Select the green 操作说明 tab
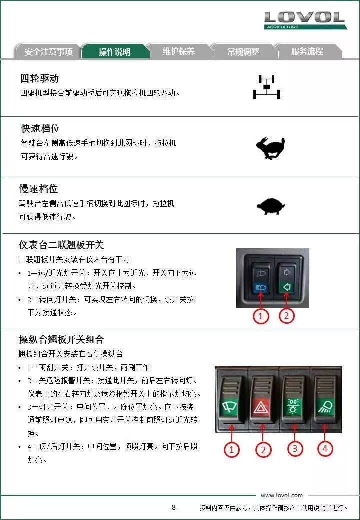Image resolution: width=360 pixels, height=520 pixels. click(114, 51)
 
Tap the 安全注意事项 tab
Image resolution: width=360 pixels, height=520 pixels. click(48, 51)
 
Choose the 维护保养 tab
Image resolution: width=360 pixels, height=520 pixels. click(179, 51)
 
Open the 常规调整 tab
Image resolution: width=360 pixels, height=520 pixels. click(243, 51)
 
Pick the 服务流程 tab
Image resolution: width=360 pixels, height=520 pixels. click(307, 51)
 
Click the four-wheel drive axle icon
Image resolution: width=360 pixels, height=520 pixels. click(267, 87)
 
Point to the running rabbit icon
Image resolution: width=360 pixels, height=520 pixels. click(270, 148)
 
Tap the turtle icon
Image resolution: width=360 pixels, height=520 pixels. click(271, 206)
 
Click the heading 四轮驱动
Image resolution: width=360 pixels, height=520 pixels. click(40, 79)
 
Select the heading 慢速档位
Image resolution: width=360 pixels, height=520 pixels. click(39, 189)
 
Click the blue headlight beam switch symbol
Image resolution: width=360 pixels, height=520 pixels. click(261, 287)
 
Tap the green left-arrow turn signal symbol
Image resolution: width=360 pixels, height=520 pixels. click(287, 287)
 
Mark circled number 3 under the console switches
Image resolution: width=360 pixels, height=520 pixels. click(294, 448)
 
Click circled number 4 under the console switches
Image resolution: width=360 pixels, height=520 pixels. click(325, 448)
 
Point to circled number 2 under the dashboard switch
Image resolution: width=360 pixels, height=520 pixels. click(286, 315)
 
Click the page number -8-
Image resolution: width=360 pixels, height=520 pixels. click(173, 507)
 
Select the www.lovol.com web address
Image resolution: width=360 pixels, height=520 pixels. click(282, 495)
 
